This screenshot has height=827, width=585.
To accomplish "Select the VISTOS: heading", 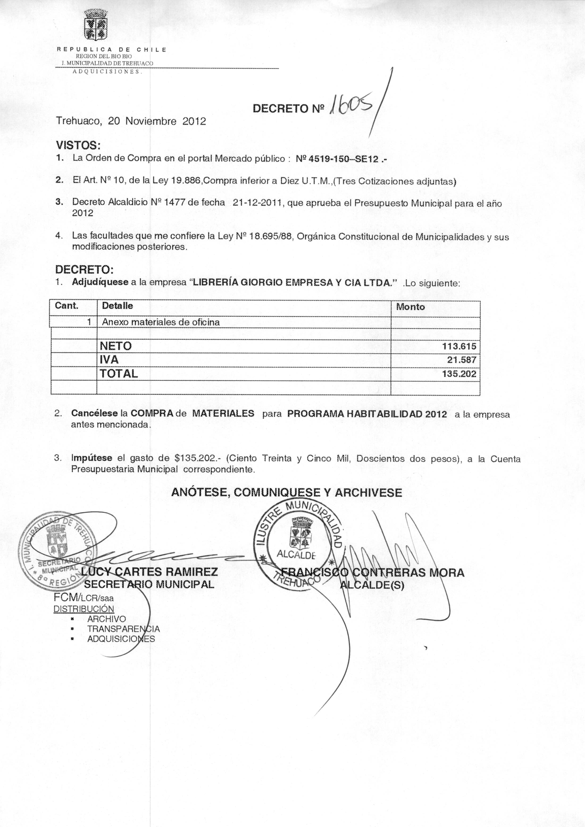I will coord(78,146).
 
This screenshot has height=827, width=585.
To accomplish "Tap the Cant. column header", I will coord(67,306).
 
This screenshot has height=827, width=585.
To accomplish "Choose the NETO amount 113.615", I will coord(459,346).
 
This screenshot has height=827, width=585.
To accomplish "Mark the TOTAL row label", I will coord(119,373).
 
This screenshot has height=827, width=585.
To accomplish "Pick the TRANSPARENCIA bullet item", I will coord(123,629).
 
